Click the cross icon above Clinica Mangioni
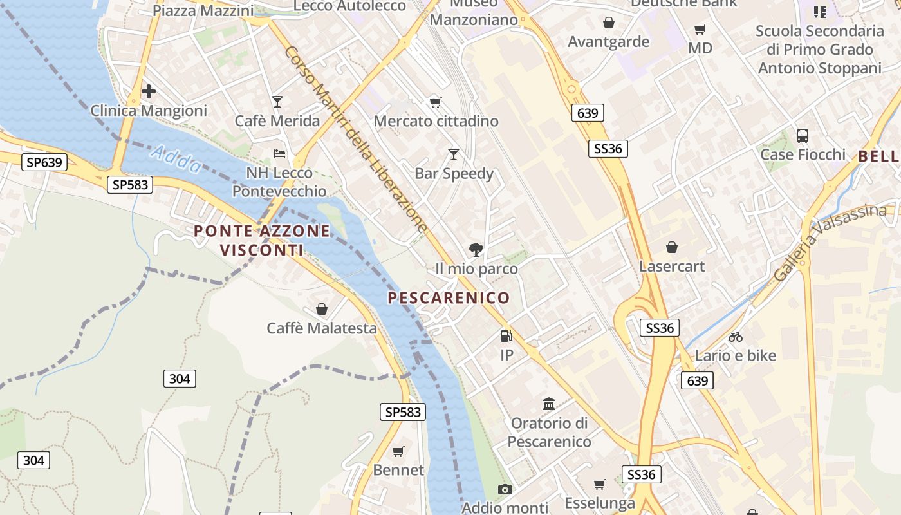[x=149, y=91]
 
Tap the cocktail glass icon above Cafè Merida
[x=277, y=101]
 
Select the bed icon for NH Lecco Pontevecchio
[x=279, y=153]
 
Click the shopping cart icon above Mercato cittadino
[x=436, y=102]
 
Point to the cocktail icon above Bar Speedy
[x=454, y=154]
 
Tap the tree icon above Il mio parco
[x=476, y=250]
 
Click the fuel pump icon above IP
[x=506, y=335]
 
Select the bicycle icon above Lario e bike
[x=736, y=336]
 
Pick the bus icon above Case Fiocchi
[x=803, y=135]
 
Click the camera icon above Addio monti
[x=505, y=489]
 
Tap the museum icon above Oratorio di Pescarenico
[x=549, y=404]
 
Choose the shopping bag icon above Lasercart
[x=672, y=247]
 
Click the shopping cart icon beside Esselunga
[x=600, y=484]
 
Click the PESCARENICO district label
[x=449, y=297]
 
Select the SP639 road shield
[x=44, y=162]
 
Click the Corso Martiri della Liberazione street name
[x=356, y=139]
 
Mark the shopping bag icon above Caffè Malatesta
[x=322, y=309]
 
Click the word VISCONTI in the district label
[x=262, y=250]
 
